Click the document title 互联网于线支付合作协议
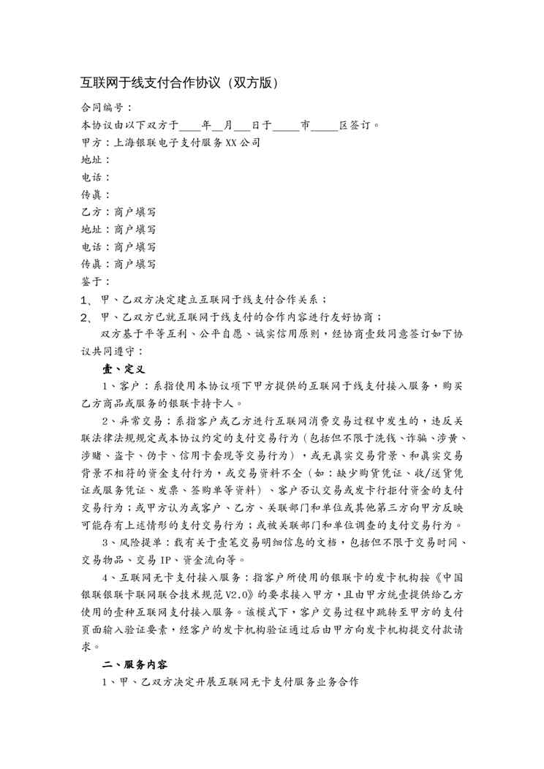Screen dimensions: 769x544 [x=150, y=83]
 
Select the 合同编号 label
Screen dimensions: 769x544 [x=102, y=107]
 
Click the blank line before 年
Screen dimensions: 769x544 [x=189, y=124]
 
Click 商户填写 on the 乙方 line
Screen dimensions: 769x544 [x=135, y=212]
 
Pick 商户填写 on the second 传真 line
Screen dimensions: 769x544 [x=135, y=265]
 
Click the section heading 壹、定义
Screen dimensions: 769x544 [x=124, y=369]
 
